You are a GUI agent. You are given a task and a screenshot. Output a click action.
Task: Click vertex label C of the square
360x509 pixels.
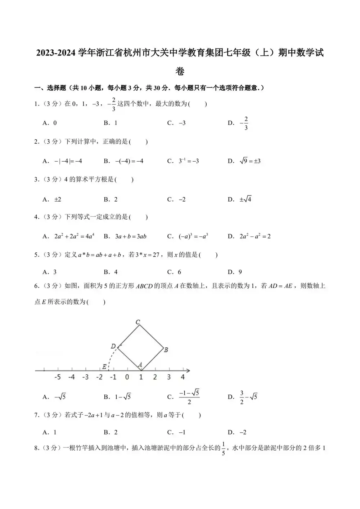point(138,322)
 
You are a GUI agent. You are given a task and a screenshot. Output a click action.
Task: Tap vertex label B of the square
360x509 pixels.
point(166,350)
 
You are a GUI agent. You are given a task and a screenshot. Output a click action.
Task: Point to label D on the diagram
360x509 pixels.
point(113,346)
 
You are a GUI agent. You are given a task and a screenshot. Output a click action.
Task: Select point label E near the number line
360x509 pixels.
point(104,367)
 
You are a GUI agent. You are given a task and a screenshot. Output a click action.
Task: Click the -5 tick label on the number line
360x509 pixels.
point(57,377)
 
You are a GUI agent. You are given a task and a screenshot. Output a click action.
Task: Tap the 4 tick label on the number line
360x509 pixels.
point(183,377)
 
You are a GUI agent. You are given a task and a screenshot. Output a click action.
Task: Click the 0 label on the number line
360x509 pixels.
point(127,377)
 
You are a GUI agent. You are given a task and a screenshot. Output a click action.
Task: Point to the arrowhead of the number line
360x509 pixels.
point(188,370)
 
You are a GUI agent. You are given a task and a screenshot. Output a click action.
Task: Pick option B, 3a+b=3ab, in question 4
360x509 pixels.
point(125,237)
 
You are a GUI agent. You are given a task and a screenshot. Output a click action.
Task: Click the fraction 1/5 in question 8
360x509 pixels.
point(223,449)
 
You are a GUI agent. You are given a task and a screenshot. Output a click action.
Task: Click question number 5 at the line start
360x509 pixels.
point(36,255)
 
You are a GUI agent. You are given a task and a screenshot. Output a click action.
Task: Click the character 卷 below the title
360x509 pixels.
point(180,71)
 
